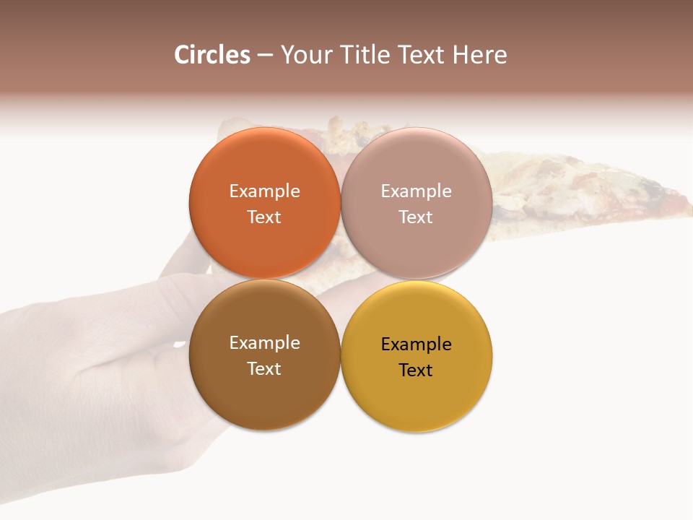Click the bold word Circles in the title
tap(212, 55)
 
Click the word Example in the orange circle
tap(264, 191)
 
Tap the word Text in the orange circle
tap(264, 217)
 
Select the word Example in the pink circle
tap(416, 191)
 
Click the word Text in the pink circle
tap(416, 217)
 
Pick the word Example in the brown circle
tap(264, 343)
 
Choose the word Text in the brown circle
tap(264, 369)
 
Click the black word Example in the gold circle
tap(416, 344)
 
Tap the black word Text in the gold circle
tap(416, 370)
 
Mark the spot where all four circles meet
tap(340, 279)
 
